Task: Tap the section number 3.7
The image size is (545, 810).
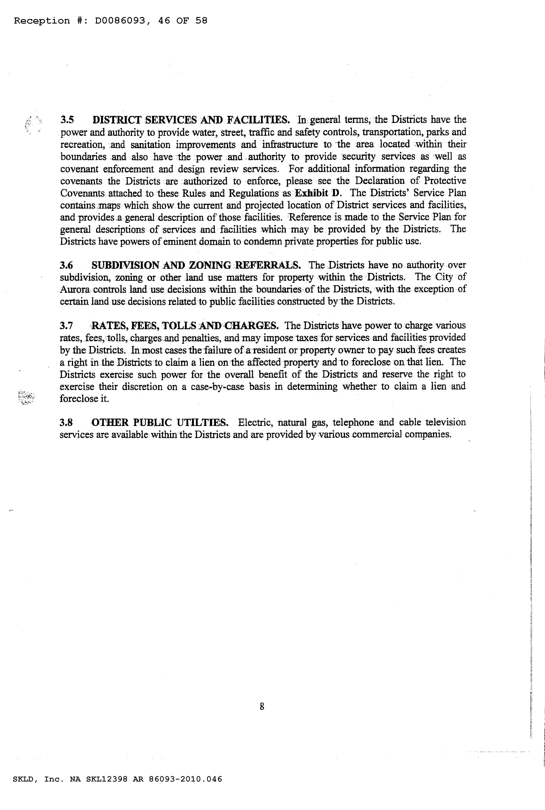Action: tap(66, 326)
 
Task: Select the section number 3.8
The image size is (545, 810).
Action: tap(66, 423)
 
